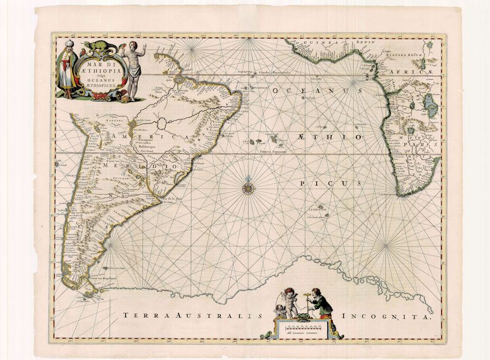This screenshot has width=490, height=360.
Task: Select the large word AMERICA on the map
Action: pyautogui.click(x=131, y=137)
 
